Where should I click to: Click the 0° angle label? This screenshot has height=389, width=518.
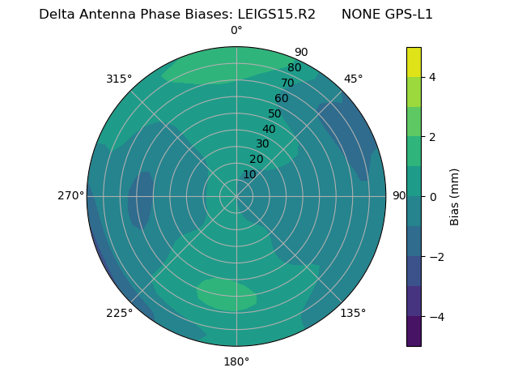click(236, 31)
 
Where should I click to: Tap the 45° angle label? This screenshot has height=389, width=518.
click(353, 79)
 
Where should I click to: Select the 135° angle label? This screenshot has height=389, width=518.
click(353, 313)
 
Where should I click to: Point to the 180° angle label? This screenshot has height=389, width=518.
click(236, 361)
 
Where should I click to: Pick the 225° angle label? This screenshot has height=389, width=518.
click(119, 314)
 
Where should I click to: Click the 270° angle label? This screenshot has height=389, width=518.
click(70, 196)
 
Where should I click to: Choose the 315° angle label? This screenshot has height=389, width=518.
click(119, 79)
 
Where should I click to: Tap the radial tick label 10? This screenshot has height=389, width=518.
click(249, 174)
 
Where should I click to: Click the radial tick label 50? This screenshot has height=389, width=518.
click(275, 114)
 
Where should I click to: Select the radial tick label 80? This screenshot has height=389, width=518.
click(295, 68)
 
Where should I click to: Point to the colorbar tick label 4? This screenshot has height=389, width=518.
click(432, 77)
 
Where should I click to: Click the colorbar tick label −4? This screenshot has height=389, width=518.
click(435, 317)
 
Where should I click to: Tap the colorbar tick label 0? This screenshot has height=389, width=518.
click(432, 197)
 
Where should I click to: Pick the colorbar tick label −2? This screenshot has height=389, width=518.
click(435, 257)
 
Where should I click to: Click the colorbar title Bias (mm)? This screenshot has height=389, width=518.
click(455, 197)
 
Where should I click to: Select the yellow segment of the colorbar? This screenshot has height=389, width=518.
click(414, 62)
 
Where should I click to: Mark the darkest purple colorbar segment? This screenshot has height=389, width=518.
click(414, 331)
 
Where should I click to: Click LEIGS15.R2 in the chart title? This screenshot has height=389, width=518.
click(277, 15)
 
